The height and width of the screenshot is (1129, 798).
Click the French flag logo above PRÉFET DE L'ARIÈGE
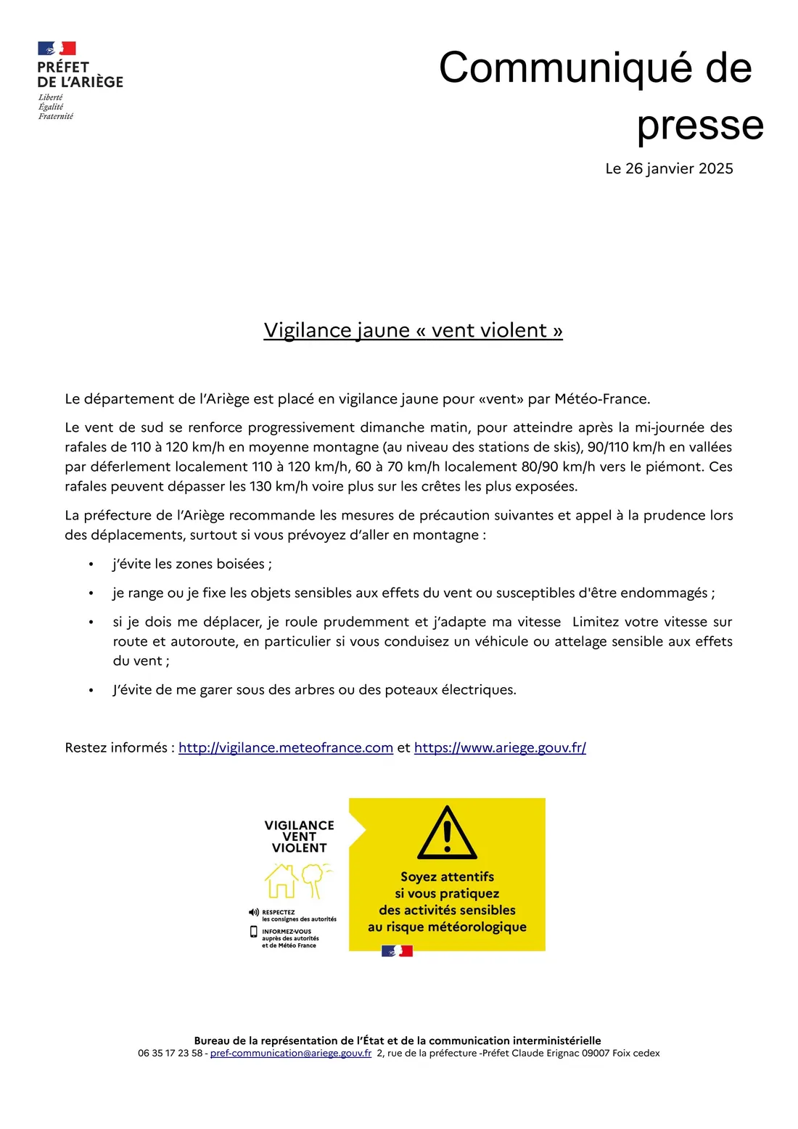click(57, 49)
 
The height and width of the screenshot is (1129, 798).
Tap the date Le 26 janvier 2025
click(669, 168)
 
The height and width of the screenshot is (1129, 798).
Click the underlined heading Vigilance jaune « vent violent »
click(413, 330)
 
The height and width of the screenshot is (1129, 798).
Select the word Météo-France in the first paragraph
click(601, 398)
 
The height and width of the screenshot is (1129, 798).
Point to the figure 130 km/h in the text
click(274, 486)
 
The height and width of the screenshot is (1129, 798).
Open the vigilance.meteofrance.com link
click(286, 747)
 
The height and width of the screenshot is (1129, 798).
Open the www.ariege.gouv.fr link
click(500, 747)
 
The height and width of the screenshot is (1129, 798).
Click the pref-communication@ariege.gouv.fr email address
click(291, 1053)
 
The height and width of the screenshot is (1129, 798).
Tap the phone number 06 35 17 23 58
click(170, 1053)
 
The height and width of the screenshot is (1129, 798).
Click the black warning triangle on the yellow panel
click(447, 834)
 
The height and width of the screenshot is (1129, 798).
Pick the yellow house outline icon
click(281, 881)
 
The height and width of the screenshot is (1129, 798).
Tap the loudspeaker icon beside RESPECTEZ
click(254, 912)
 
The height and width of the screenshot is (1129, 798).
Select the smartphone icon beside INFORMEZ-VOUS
click(254, 932)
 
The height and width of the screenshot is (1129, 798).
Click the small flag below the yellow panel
click(397, 951)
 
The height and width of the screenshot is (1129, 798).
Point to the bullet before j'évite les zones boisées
click(91, 564)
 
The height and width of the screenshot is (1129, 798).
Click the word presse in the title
click(700, 125)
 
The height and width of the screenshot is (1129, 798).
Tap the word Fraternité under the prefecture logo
click(56, 116)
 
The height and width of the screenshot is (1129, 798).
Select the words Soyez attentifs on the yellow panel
click(447, 876)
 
